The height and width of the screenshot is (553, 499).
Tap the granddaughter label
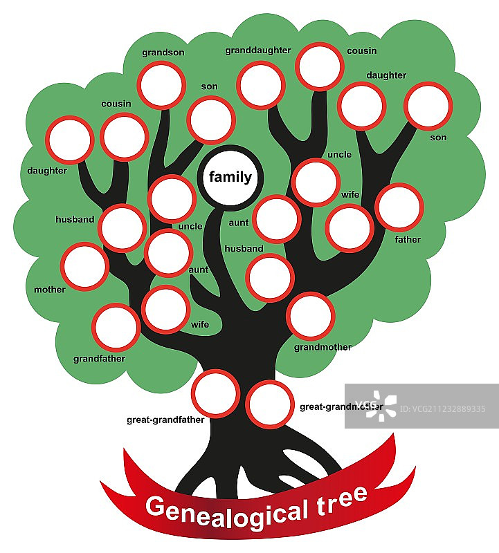click(258, 50)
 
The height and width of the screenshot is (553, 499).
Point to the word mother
click(50, 290)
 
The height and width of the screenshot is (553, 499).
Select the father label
click(408, 240)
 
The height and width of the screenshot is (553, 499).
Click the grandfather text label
click(99, 359)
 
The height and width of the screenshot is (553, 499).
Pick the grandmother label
click(323, 347)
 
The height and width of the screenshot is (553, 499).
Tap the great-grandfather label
click(165, 420)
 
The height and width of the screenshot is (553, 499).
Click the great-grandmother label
click(341, 406)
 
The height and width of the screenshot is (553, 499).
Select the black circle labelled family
click(230, 178)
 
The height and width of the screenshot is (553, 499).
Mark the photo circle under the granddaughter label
click(260, 85)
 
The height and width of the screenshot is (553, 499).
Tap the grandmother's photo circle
click(311, 316)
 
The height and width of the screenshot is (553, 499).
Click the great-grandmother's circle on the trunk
click(270, 404)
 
